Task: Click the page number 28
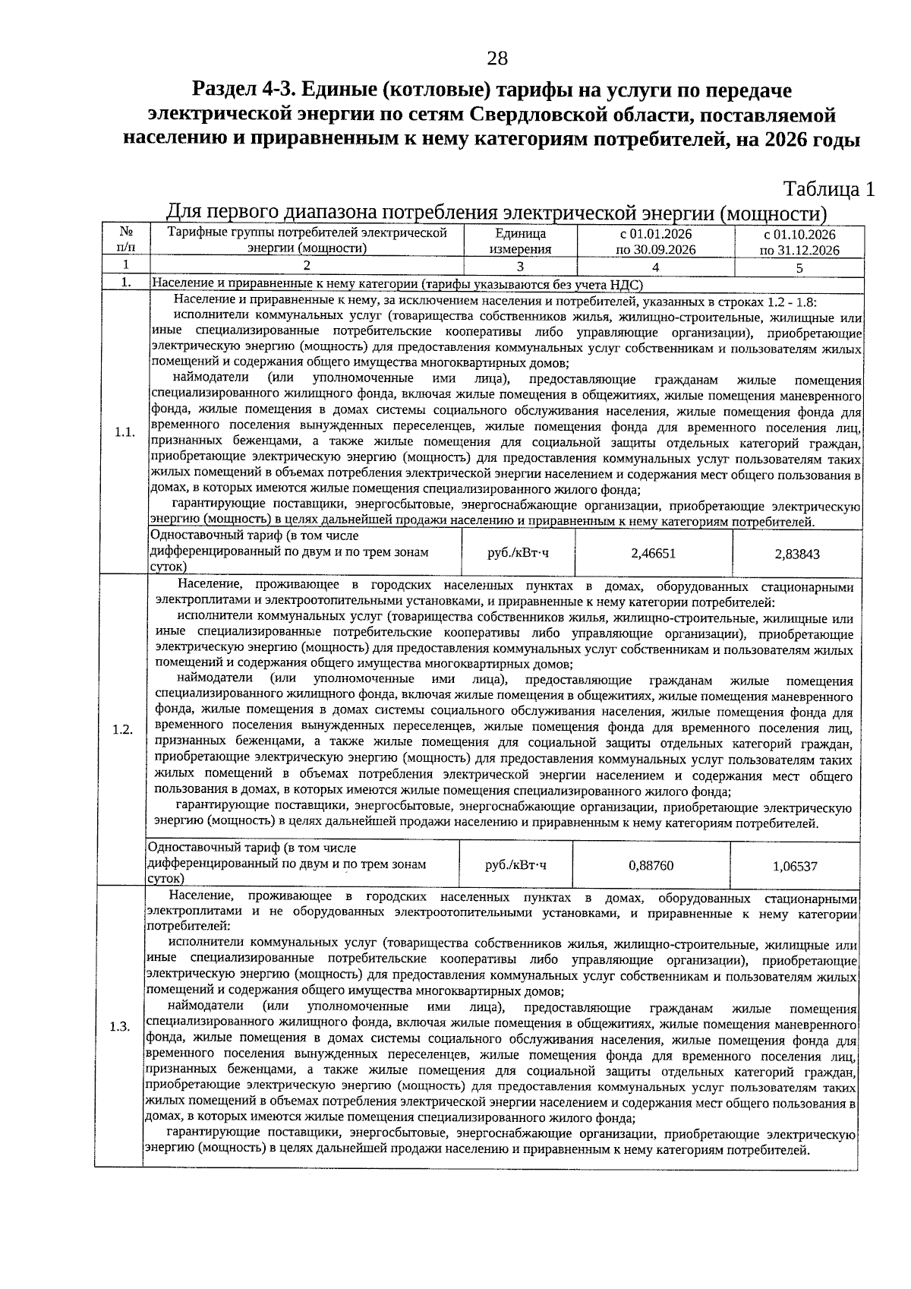point(496,58)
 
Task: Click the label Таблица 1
point(828,188)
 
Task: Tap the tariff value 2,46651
point(653,553)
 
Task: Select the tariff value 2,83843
point(797,554)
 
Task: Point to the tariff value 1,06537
point(795,866)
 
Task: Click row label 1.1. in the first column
point(125,432)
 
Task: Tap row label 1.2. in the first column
point(122,729)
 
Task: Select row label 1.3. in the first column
point(120,1027)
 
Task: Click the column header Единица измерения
point(519,241)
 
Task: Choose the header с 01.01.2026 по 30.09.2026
point(655,241)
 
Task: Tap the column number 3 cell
point(520,267)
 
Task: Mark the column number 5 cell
point(799,267)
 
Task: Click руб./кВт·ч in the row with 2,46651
point(518,552)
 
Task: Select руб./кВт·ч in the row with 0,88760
point(515,864)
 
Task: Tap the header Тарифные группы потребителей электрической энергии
point(307,240)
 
